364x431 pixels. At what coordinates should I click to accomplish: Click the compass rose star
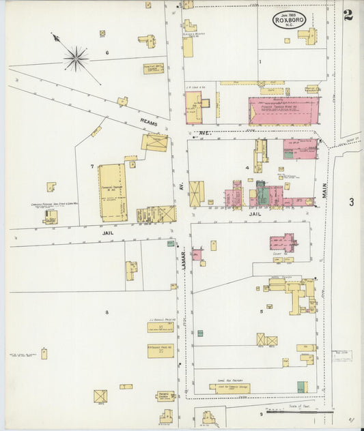[76, 58]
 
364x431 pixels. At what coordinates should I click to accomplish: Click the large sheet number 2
[348, 15]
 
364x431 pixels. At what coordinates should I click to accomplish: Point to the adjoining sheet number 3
[351, 202]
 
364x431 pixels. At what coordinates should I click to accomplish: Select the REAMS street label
[149, 123]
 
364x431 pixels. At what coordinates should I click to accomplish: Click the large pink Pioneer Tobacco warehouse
[283, 110]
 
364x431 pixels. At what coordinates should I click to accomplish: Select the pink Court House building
[282, 242]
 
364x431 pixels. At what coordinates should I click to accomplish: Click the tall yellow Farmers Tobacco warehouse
[112, 192]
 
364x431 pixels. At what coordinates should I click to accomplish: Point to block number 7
[92, 166]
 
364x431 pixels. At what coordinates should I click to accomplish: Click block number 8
[107, 312]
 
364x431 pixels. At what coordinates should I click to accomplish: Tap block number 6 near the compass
[107, 53]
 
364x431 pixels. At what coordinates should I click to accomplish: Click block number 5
[261, 312]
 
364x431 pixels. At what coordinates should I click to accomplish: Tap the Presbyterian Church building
[165, 396]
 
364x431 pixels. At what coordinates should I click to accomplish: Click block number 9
[260, 413]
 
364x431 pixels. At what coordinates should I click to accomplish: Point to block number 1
[260, 61]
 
